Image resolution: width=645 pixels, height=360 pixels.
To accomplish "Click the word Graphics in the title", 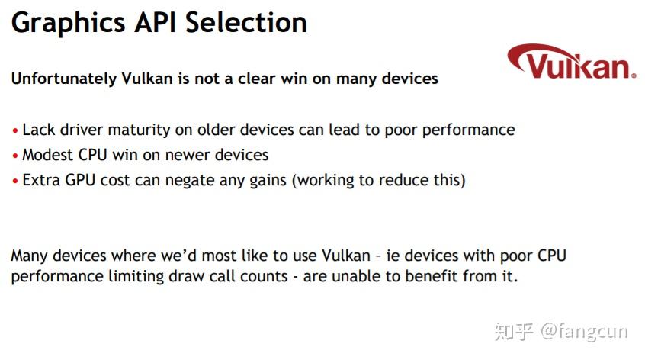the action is point(69,24).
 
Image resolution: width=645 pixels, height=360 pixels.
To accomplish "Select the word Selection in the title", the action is point(246,22).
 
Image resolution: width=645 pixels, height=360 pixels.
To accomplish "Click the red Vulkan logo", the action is point(572,62).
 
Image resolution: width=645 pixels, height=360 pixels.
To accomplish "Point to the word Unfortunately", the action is point(64,79).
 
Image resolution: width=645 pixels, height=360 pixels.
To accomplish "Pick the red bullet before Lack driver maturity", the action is point(15,131).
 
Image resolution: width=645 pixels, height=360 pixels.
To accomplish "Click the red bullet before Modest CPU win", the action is point(15,156).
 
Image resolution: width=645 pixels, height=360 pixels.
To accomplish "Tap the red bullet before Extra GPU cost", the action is point(15,181).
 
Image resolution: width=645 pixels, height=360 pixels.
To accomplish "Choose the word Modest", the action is point(48,155).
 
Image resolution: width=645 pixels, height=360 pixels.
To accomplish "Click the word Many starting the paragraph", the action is point(30,256).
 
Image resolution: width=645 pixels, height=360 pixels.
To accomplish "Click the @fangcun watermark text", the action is point(584,331).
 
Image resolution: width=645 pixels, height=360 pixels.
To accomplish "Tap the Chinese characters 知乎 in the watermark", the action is point(514,331).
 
